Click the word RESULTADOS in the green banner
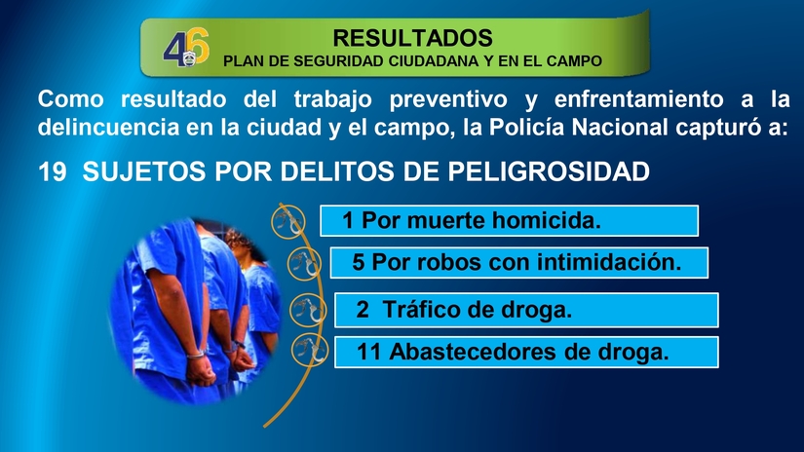click(x=412, y=38)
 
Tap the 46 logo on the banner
click(x=185, y=50)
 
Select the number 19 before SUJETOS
click(x=52, y=172)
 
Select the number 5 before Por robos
click(x=359, y=263)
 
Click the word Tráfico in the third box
click(x=427, y=310)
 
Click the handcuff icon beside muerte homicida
click(x=287, y=223)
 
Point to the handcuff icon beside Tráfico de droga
click(x=306, y=310)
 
